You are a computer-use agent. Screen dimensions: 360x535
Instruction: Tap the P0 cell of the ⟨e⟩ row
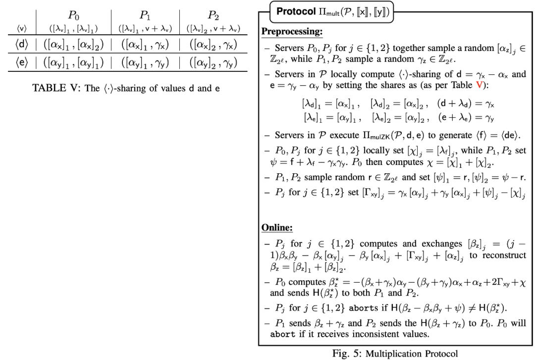(74, 63)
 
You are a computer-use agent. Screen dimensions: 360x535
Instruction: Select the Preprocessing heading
(292, 32)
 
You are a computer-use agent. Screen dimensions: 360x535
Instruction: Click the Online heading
(277, 228)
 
